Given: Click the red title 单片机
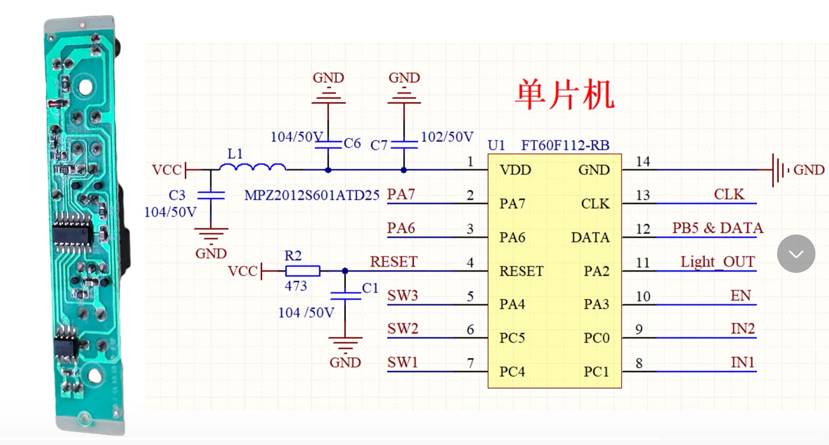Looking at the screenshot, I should [564, 95].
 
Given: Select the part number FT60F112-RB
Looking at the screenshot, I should [565, 145].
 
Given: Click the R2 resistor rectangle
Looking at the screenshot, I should [303, 271].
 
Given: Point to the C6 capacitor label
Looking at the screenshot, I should [352, 143].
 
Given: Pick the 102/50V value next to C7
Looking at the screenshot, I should [447, 137].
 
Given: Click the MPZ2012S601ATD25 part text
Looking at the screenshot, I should [311, 195].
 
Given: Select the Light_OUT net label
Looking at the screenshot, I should [718, 262].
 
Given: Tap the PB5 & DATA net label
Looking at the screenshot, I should [718, 228].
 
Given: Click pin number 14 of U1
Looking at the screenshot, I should [643, 162].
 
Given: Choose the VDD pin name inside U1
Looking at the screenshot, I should [515, 170].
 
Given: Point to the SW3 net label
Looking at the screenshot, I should [403, 296].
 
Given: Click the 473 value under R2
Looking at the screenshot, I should [296, 286].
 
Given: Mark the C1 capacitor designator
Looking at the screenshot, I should [370, 288].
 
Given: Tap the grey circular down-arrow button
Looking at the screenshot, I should [796, 254].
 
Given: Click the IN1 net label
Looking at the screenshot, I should [742, 362].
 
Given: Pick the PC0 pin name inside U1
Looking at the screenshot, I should [596, 338].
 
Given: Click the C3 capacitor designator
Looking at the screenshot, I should [177, 195].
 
